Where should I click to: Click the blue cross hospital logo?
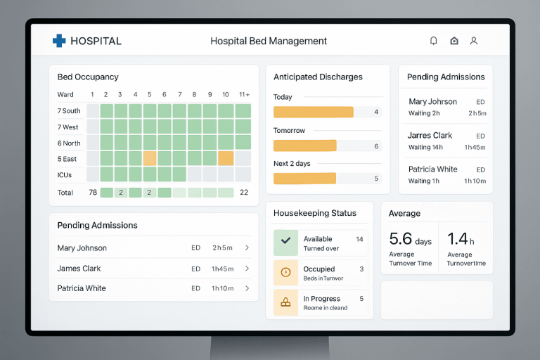pos(59,41)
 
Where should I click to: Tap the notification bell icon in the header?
pos(434,41)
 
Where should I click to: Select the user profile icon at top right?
pos(474,41)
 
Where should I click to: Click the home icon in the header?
pos(454,41)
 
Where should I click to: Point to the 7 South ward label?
pos(69,111)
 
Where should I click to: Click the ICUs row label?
pos(65,174)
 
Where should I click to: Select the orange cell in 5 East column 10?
pos(226,158)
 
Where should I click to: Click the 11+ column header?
pos(244,94)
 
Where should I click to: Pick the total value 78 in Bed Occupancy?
pos(93,193)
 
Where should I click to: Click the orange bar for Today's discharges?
pos(313,112)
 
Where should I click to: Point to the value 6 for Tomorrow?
pos(376,146)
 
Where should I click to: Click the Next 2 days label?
pos(292,164)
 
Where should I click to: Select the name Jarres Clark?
pos(430,136)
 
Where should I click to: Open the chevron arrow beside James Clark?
pos(247,269)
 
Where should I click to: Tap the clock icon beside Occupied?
pos(285,272)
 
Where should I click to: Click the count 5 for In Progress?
pos(361,299)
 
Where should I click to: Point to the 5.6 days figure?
pos(410,240)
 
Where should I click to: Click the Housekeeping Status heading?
pos(314,213)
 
